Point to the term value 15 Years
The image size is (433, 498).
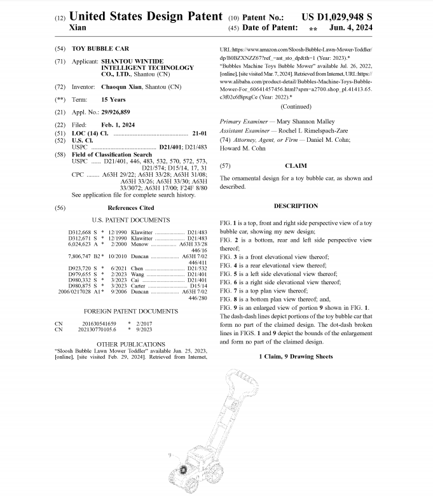click(113, 100)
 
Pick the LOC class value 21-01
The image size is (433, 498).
click(199, 133)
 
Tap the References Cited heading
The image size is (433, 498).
click(130, 208)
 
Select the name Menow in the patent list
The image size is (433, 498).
click(140, 244)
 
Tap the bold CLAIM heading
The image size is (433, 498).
click(295, 165)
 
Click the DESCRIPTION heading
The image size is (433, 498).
click(296, 206)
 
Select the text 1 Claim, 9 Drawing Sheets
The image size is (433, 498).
click(296, 356)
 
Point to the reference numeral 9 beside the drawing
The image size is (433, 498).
click(170, 455)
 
